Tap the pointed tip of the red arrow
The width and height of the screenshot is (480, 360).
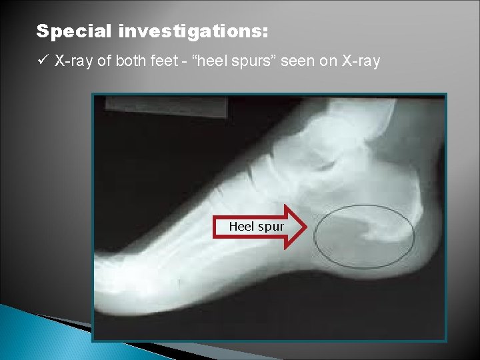coord(305,227)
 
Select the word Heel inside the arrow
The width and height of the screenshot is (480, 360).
coord(241,227)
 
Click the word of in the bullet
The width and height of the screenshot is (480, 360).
coord(105,62)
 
